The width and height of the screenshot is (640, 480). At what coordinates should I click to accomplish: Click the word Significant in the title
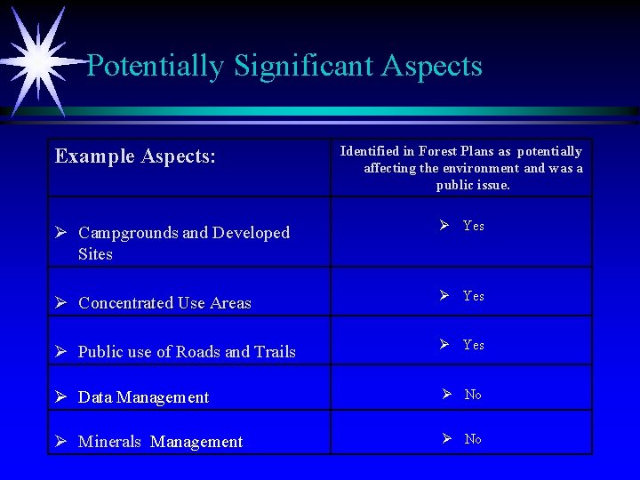click(x=302, y=66)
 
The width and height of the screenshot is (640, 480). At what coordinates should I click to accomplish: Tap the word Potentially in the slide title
click(x=155, y=66)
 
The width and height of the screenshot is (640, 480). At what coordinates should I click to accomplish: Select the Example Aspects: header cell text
click(x=135, y=156)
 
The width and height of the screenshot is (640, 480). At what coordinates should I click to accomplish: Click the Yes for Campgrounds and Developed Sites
click(x=473, y=227)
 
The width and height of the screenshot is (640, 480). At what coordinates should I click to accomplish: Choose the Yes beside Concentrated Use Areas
click(x=473, y=296)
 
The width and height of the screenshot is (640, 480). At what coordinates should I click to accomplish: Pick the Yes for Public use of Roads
click(x=473, y=345)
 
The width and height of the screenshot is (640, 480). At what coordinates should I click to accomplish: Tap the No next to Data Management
click(x=473, y=395)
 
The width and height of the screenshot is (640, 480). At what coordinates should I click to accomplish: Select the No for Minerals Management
click(x=473, y=439)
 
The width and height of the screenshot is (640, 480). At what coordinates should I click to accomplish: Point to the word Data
click(x=94, y=397)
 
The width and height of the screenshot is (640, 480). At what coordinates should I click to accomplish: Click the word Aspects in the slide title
click(x=432, y=66)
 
